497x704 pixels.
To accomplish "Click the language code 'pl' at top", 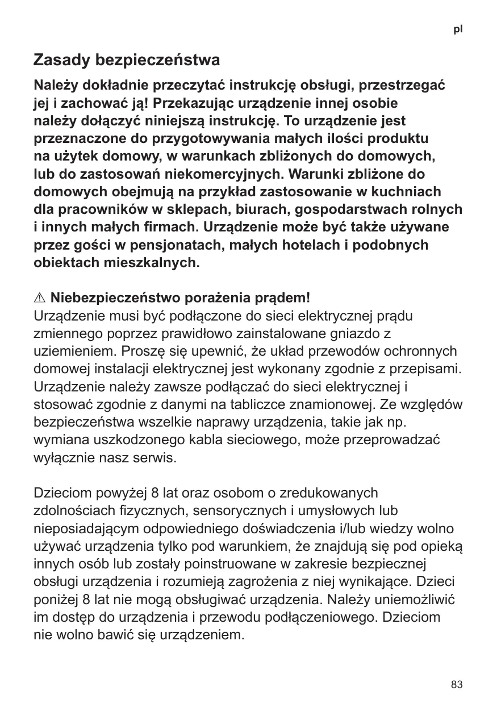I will pyautogui.click(x=458, y=29).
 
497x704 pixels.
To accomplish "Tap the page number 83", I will pyautogui.click(x=457, y=685).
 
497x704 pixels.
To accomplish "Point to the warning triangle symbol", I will pyautogui.click(x=40, y=298).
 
